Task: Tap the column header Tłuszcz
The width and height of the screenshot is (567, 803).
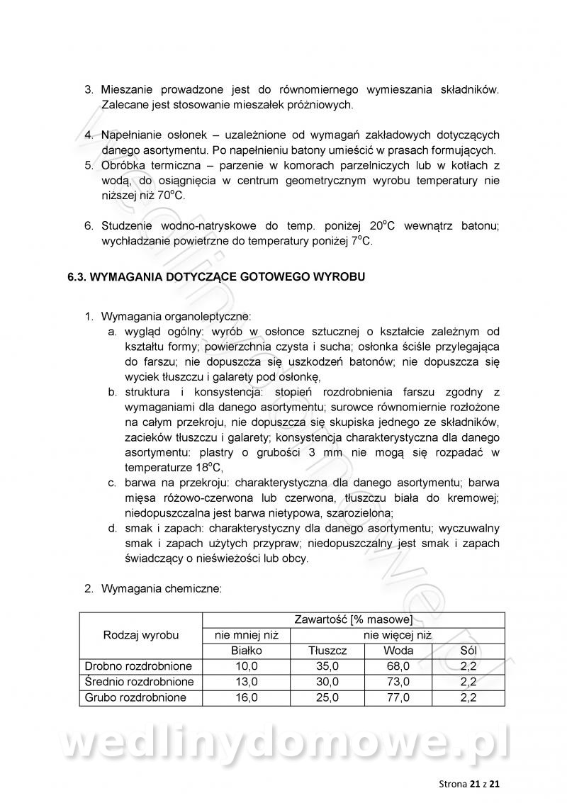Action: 327,650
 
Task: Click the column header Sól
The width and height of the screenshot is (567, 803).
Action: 468,650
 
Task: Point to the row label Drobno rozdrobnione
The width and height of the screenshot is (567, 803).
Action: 138,666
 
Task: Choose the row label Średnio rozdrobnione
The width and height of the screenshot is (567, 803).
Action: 139,681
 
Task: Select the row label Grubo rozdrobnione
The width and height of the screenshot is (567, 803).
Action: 135,697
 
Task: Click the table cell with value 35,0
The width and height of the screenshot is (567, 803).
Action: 327,666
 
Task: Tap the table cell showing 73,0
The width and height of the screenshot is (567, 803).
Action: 398,681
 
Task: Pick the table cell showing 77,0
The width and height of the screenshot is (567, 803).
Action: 398,697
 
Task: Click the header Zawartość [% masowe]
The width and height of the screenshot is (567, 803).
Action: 353,619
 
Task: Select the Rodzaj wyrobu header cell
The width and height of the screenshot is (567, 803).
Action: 141,634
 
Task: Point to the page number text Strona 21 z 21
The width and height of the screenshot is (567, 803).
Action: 470,784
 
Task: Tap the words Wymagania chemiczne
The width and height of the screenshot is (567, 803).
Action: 162,588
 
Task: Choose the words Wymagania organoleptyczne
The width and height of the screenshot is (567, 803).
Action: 176,316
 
